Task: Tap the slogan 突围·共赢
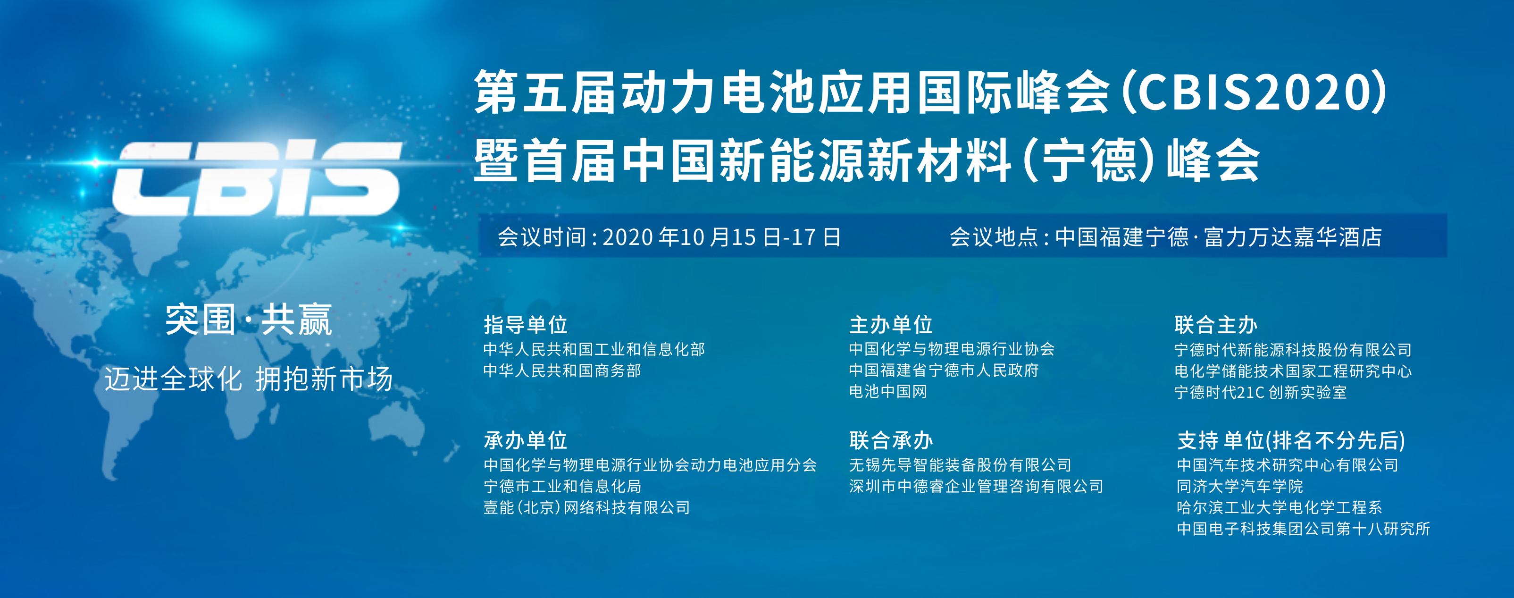[249, 320]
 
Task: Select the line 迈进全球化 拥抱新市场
[249, 379]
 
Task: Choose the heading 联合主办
[1216, 325]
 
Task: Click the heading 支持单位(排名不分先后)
[1291, 440]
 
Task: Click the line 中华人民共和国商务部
[562, 371]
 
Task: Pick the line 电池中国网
[888, 392]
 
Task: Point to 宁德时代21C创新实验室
[1261, 392]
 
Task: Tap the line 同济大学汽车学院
[1240, 486]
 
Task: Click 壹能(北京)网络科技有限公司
[586, 507]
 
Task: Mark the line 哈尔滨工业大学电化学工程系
[1280, 507]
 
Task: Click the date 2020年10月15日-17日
[722, 237]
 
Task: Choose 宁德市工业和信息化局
[562, 486]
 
